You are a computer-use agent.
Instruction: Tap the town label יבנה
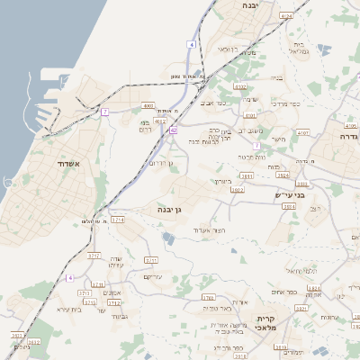click(x=251, y=5)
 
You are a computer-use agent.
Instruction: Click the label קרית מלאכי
click(x=264, y=325)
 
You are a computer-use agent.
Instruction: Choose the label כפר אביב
click(x=213, y=103)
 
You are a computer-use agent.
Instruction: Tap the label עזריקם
click(x=153, y=276)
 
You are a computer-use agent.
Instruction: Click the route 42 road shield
click(x=173, y=130)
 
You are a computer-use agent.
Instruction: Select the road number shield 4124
click(x=286, y=16)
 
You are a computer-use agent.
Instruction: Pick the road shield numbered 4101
click(x=250, y=115)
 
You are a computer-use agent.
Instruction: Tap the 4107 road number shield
click(x=302, y=132)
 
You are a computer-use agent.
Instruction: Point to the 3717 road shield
click(x=93, y=256)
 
